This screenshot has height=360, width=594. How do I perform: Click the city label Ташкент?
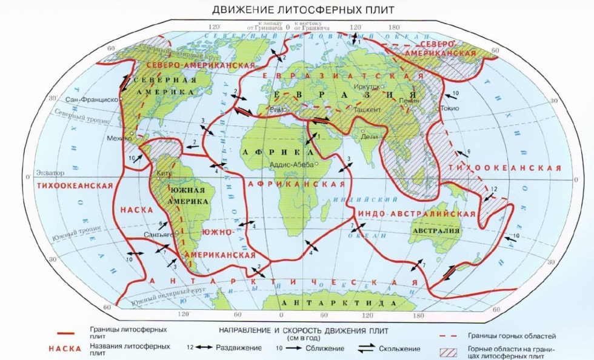364,110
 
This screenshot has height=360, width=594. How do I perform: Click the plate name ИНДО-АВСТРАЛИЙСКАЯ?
416,214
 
